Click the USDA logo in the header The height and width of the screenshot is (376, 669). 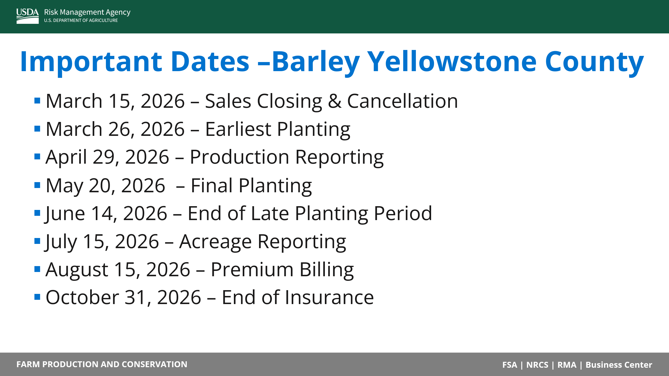(28, 16)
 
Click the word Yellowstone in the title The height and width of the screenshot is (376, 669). (452, 62)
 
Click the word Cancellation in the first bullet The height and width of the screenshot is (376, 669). (402, 101)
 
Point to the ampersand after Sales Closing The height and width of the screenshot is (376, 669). (335, 101)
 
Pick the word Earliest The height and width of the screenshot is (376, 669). (238, 129)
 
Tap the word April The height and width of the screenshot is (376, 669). (66, 157)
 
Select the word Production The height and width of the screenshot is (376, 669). (240, 157)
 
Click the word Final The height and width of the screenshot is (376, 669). (212, 185)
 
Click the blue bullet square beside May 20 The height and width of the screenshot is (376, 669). (37, 185)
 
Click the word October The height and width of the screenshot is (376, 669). (82, 297)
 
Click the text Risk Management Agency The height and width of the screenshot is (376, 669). (87, 12)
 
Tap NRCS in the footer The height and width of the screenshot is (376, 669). (537, 365)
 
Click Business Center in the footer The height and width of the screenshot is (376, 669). (619, 365)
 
